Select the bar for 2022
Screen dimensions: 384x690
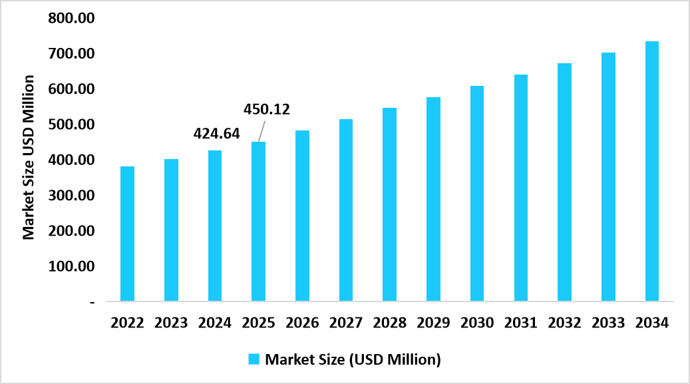127,234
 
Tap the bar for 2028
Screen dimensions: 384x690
389,204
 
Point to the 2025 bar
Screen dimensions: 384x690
258,221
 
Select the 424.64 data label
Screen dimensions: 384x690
216,133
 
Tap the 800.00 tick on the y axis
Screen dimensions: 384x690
71,17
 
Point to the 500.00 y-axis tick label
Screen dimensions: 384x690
71,124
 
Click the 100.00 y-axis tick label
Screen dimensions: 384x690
71,266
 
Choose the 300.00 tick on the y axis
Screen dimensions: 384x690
71,196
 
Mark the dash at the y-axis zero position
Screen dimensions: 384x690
91,302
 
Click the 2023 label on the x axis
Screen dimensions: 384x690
171,323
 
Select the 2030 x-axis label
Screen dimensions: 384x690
477,323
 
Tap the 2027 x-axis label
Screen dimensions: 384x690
345,323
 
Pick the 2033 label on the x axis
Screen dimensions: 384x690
608,323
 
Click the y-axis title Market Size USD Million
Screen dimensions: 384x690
29,157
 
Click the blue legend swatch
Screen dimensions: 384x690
254,359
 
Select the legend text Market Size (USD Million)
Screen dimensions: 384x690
353,359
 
